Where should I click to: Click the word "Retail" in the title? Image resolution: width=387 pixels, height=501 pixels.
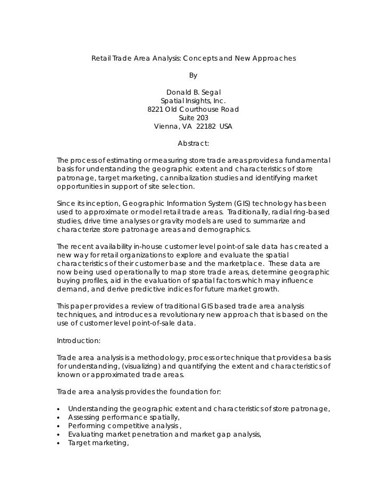coord(101,57)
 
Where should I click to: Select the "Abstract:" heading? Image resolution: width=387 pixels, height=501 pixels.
coord(193,144)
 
